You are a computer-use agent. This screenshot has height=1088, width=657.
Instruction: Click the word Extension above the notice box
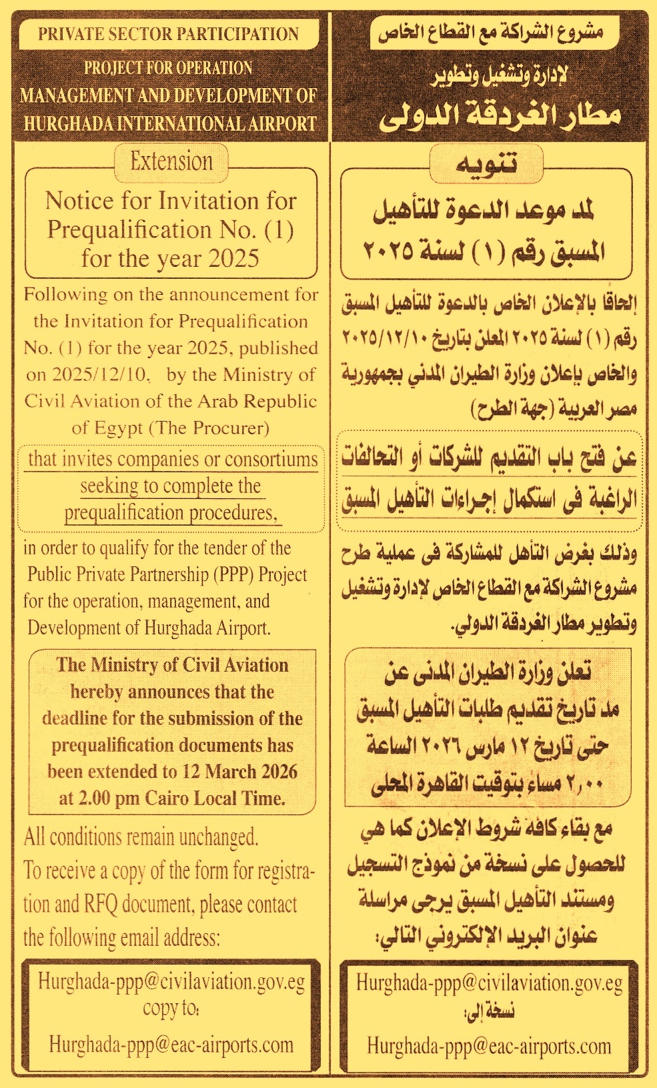[x=171, y=161]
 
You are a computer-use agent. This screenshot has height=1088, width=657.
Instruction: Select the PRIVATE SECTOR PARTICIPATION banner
[x=168, y=35]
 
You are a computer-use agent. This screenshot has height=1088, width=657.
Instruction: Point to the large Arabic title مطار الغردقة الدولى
[x=500, y=115]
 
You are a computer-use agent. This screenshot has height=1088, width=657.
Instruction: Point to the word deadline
[x=73, y=718]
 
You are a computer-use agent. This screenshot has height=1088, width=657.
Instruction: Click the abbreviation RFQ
[x=101, y=905]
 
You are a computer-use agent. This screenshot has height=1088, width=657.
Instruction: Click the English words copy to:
[x=171, y=1008]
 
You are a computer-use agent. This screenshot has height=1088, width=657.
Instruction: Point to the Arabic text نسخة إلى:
[x=489, y=1011]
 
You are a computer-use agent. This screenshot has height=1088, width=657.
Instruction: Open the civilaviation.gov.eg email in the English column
[x=171, y=982]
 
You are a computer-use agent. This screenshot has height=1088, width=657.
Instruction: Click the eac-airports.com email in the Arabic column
[x=489, y=1046]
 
